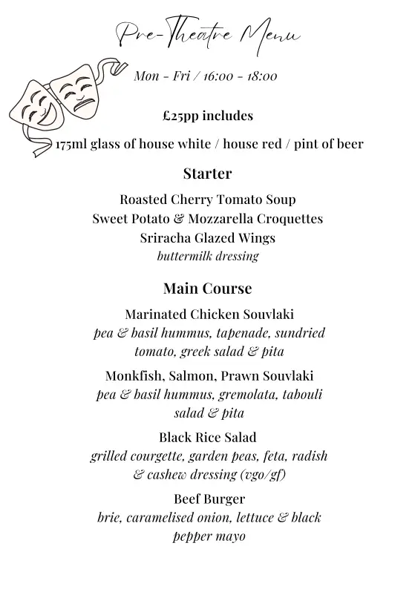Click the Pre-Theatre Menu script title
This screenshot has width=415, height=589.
[x=207, y=34]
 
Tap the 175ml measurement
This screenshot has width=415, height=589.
[x=71, y=144]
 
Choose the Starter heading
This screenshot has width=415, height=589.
[x=207, y=174]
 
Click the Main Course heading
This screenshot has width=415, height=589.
[x=207, y=289]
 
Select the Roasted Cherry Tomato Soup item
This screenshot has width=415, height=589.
[x=207, y=200]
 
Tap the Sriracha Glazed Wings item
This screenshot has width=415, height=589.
[x=207, y=238]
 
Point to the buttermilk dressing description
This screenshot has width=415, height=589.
[x=207, y=257]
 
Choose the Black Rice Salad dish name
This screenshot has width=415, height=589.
[x=207, y=437]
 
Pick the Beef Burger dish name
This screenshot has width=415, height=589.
[x=207, y=498]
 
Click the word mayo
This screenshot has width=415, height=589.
[x=231, y=536]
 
